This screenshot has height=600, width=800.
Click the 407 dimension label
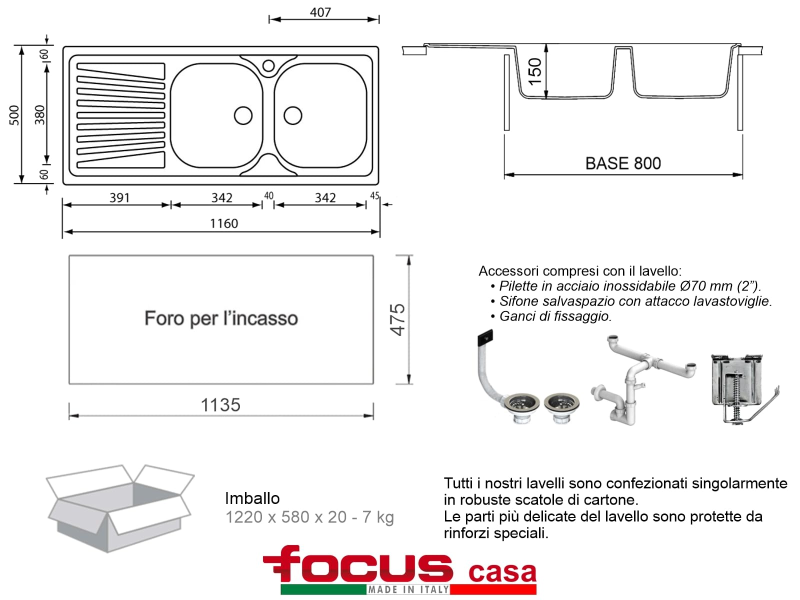pyautogui.click(x=320, y=12)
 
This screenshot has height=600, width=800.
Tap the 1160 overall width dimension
pyautogui.click(x=224, y=223)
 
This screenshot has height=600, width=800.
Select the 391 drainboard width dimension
pyautogui.click(x=119, y=198)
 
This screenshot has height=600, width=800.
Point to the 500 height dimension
pyautogui.click(x=14, y=115)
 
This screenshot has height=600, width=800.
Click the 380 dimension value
pyautogui.click(x=39, y=115)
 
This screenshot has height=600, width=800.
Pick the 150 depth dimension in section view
pyautogui.click(x=534, y=71)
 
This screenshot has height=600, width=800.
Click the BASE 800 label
pyautogui.click(x=623, y=163)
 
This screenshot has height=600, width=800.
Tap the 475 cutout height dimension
pyautogui.click(x=397, y=319)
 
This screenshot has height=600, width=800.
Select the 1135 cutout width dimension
pyautogui.click(x=220, y=404)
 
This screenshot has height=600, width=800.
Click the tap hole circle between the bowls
pyautogui.click(x=268, y=66)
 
